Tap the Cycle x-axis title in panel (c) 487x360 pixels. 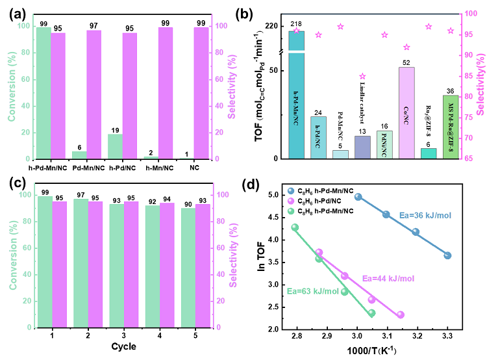tap(123, 346)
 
